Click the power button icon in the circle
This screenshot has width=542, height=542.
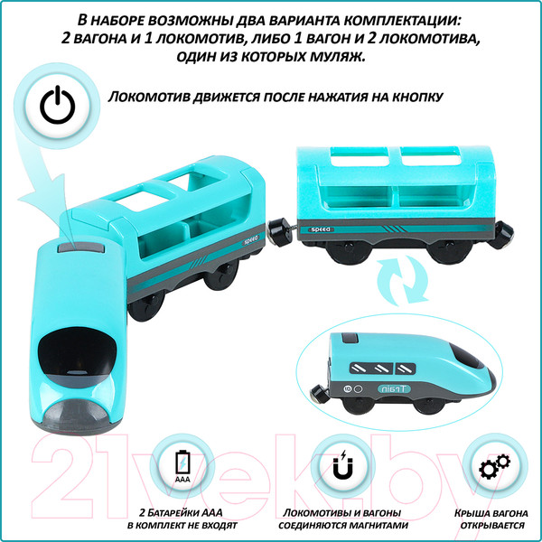[55, 107]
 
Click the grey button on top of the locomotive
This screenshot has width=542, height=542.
[78, 246]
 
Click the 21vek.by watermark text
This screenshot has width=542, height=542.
[271, 470]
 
